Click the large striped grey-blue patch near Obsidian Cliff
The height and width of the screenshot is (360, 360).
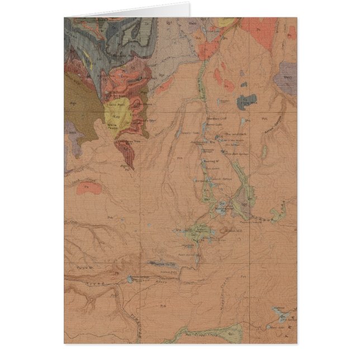246,101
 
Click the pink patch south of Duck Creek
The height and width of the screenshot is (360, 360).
90,188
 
